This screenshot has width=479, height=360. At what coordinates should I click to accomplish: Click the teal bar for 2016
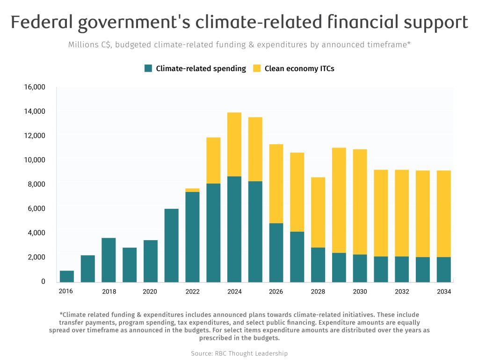click(x=67, y=276)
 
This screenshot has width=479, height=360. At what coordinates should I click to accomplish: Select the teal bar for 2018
click(x=109, y=260)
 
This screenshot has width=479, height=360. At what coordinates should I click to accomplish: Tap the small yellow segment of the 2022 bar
click(x=193, y=190)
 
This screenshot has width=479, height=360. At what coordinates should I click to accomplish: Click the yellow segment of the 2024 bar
click(x=234, y=144)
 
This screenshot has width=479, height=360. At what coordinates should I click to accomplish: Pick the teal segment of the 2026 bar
click(x=276, y=252)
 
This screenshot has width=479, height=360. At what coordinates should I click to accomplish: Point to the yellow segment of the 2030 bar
click(x=360, y=202)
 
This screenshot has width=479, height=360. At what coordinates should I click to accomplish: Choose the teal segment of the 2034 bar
click(x=444, y=269)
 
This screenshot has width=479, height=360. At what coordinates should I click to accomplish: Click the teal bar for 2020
click(x=151, y=261)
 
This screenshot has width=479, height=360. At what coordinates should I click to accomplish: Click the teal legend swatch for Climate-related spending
click(x=148, y=68)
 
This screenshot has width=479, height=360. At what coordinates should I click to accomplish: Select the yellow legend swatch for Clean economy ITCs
click(x=257, y=68)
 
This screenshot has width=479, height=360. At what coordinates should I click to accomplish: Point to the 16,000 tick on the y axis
click(x=34, y=87)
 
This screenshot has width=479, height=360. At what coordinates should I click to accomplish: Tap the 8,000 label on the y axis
click(x=36, y=184)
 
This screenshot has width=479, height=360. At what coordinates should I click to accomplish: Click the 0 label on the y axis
click(x=43, y=281)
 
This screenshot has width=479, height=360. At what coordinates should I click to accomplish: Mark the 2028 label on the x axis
click(x=318, y=292)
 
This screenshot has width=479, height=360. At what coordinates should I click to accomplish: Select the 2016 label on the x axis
click(x=66, y=292)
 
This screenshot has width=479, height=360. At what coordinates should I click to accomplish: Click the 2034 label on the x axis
click(x=444, y=292)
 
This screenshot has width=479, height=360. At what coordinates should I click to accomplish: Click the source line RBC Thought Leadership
click(x=239, y=353)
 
